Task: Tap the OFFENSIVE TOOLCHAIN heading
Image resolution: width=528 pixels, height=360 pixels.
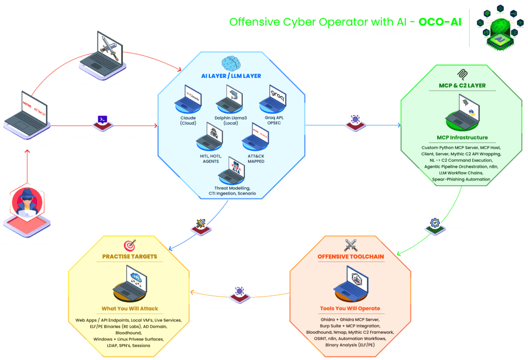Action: point(351,256)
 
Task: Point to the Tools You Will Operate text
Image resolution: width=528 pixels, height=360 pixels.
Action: point(350,308)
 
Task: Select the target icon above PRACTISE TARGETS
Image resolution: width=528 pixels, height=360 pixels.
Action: point(129,244)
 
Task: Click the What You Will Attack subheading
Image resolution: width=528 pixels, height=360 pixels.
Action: point(129,308)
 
